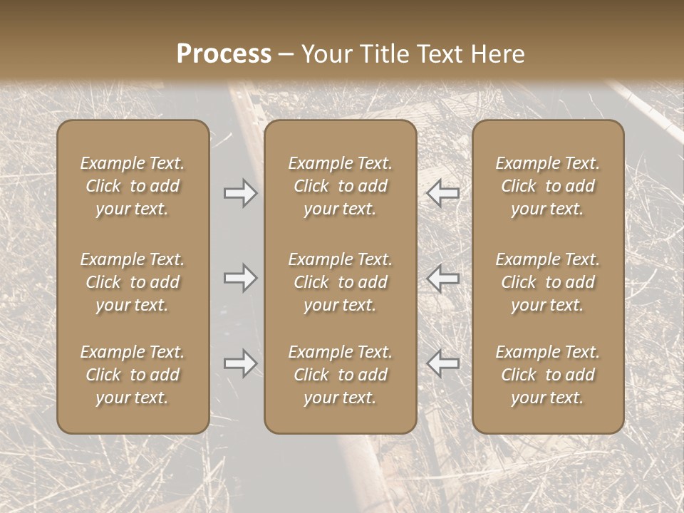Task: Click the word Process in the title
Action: [x=224, y=54]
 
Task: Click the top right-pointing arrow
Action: [x=241, y=193]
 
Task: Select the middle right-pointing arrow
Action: [x=241, y=278]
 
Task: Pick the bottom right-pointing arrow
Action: [x=241, y=363]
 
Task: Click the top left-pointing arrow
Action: [x=442, y=193]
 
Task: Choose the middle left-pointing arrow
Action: [x=442, y=278]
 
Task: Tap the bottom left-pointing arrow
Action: [x=442, y=363]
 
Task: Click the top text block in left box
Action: [x=133, y=186]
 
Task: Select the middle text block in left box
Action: [x=133, y=282]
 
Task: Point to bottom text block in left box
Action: [x=133, y=375]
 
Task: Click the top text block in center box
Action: [x=340, y=186]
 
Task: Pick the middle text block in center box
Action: [x=340, y=282]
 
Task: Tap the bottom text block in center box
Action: [x=340, y=375]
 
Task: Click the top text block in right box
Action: [x=548, y=186]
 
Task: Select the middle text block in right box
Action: [x=548, y=282]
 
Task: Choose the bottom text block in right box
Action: [x=548, y=375]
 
